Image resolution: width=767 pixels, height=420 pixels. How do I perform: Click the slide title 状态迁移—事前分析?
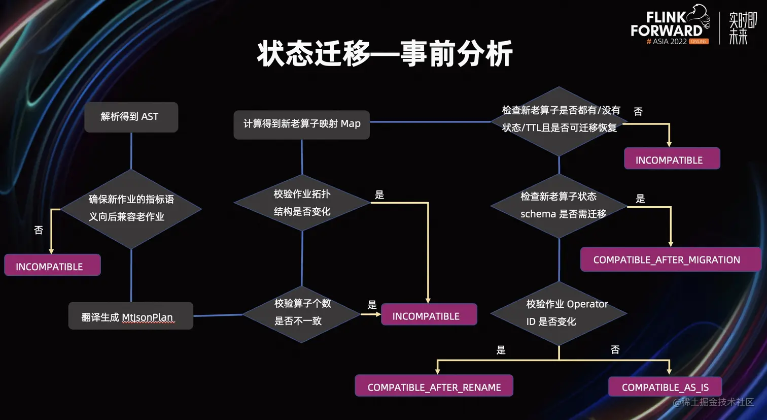(x=385, y=53)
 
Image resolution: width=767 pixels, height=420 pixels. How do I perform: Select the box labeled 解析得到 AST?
(x=131, y=117)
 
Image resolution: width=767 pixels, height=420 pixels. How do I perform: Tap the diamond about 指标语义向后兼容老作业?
(x=131, y=208)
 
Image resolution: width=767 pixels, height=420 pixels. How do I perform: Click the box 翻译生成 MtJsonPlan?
(x=130, y=316)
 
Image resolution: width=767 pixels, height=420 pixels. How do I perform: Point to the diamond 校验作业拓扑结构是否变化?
(x=302, y=203)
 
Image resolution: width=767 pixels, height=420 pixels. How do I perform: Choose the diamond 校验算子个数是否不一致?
(x=302, y=312)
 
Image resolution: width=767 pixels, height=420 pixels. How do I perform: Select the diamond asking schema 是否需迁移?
(x=559, y=205)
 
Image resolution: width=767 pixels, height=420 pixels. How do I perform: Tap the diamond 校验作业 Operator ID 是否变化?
(x=559, y=313)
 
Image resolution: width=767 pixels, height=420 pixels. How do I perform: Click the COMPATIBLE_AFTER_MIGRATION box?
(x=667, y=260)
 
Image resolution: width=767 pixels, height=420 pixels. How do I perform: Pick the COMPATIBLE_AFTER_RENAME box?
(x=434, y=386)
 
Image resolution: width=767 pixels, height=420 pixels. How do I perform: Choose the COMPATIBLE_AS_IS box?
(x=665, y=387)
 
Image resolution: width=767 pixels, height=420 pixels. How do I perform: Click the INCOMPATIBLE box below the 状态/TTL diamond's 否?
(x=669, y=159)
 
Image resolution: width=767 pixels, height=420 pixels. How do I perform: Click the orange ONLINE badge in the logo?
(x=699, y=42)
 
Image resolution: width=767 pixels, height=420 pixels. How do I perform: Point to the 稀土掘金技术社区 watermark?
(x=714, y=402)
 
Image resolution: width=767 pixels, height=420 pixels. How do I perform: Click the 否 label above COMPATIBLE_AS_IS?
(x=615, y=350)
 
